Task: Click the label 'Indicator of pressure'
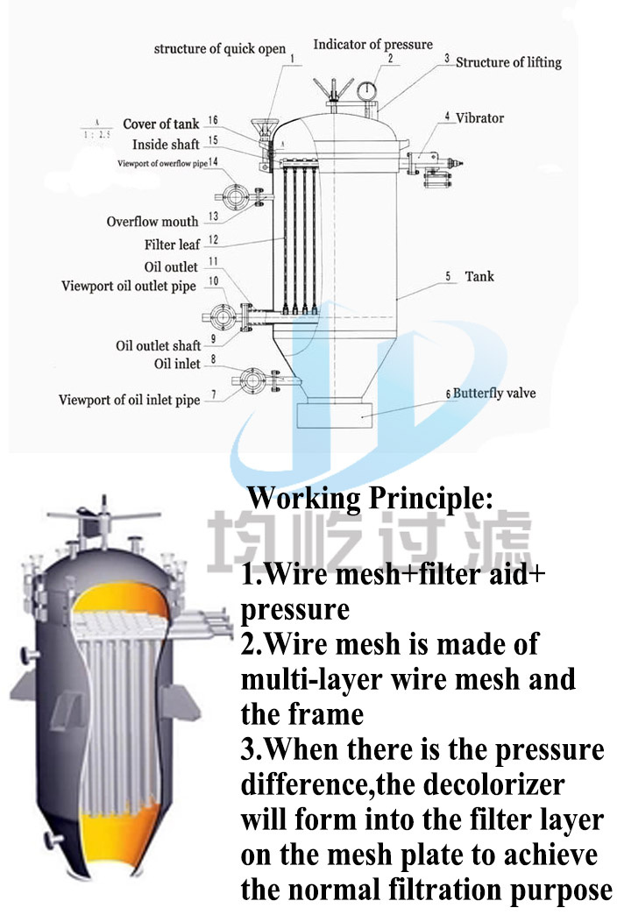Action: click(x=372, y=45)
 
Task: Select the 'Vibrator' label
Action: click(x=479, y=117)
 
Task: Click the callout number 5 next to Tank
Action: click(x=448, y=277)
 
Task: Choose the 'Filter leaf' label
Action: click(x=172, y=245)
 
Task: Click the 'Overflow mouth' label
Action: click(x=152, y=222)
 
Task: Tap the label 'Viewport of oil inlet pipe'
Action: click(x=129, y=401)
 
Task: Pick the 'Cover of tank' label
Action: click(x=160, y=124)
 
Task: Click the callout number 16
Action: click(x=213, y=121)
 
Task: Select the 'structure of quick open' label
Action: click(x=220, y=49)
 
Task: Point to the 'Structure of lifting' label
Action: click(x=508, y=63)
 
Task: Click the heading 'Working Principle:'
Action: click(x=371, y=499)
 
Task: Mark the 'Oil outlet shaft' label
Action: click(x=159, y=345)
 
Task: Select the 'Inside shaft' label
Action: click(x=166, y=145)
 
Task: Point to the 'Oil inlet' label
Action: click(x=177, y=364)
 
